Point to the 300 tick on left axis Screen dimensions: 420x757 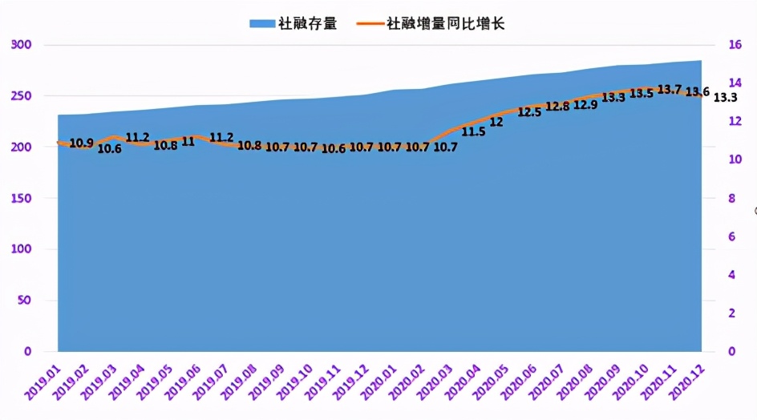[22, 44]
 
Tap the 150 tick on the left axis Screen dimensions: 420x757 [22, 198]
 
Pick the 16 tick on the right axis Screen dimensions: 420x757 [734, 45]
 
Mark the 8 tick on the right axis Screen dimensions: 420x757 [731, 198]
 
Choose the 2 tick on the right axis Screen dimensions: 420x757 [731, 313]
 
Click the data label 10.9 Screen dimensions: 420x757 [81, 143]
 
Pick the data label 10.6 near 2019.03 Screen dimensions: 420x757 [109, 149]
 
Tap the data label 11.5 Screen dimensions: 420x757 [473, 131]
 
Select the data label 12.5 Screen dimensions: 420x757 [529, 113]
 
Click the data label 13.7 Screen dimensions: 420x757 [669, 89]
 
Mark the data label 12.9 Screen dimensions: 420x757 [585, 104]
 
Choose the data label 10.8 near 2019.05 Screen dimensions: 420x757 [165, 145]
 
